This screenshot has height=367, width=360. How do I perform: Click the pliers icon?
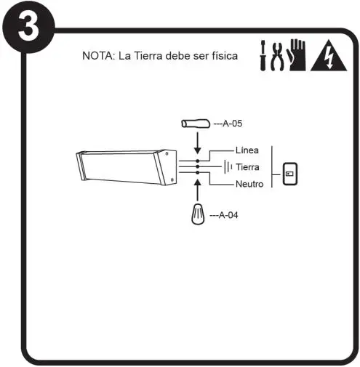(x=277, y=55)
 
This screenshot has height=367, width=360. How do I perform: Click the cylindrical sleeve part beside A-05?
(x=196, y=124)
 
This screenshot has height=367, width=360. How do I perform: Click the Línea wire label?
(x=247, y=150)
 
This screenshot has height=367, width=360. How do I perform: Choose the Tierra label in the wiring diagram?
(x=248, y=167)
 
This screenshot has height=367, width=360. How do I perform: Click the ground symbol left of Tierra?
(x=227, y=167)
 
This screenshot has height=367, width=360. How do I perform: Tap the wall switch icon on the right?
(x=289, y=173)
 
